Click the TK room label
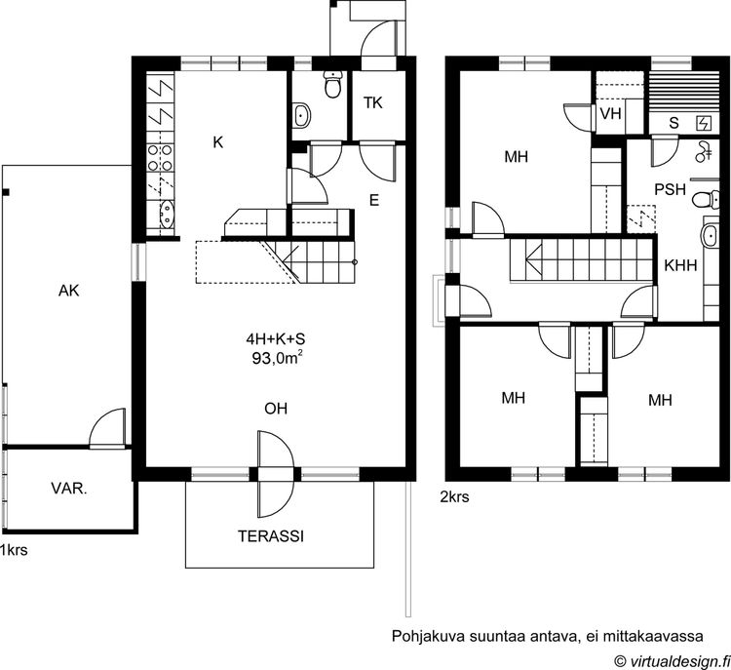point(373,103)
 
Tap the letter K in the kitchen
point(217,142)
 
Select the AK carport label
point(69,292)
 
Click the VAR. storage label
point(69,489)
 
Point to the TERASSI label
point(271,536)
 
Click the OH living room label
point(276,409)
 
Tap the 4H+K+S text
point(276,338)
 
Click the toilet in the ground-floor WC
point(333,85)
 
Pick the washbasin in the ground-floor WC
point(301,115)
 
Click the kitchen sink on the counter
point(167,215)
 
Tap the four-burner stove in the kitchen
point(160,157)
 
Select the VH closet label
point(610,113)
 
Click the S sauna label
point(673,123)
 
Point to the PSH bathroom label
point(670,189)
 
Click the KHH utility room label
point(680,265)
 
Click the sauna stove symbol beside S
point(704,123)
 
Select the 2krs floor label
point(454,497)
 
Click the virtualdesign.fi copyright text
point(673,660)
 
